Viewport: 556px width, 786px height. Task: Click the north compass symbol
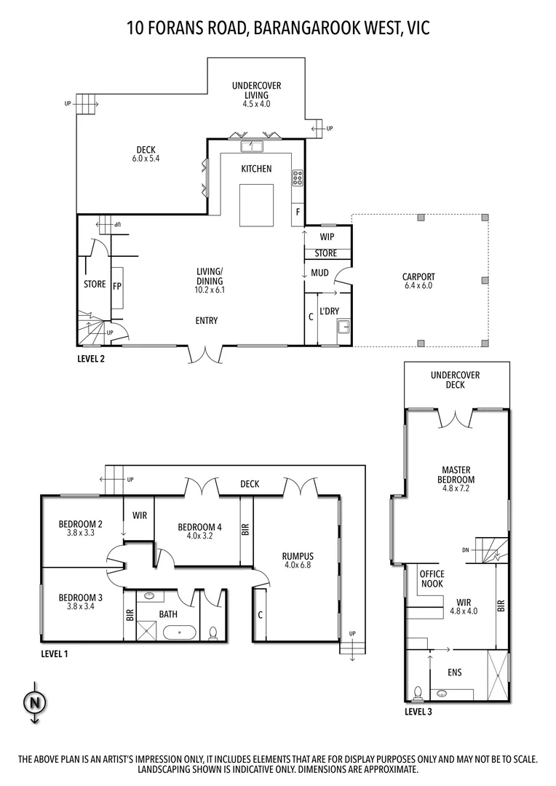coord(34,702)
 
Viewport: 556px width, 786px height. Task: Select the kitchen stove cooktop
coord(298,177)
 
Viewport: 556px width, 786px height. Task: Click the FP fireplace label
coord(116,286)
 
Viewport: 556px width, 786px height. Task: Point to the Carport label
coord(418,277)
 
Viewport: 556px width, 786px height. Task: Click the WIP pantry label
coord(327,237)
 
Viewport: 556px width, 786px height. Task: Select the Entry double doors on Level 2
coord(204,354)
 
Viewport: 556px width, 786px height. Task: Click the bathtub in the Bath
coord(178,632)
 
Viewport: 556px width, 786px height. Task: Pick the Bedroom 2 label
coord(80,523)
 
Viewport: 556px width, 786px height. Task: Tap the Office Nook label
coord(432,579)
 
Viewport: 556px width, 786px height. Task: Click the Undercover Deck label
coord(456,380)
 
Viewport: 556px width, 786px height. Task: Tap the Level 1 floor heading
coord(54,654)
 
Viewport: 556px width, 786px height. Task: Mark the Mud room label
coord(320,273)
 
